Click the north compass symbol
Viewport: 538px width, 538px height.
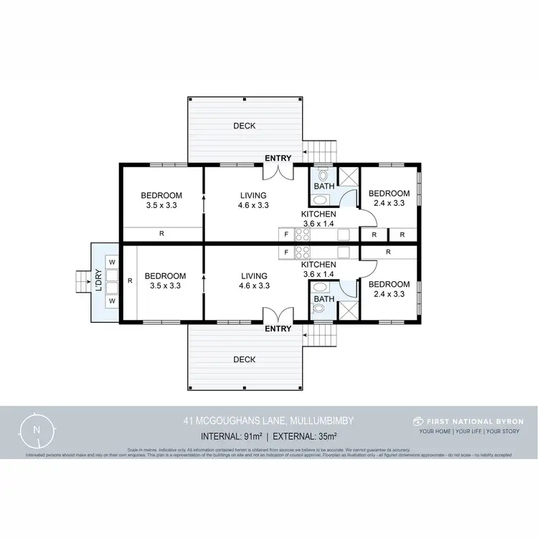pyautogui.click(x=37, y=429)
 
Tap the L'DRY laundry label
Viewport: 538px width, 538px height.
pyautogui.click(x=98, y=282)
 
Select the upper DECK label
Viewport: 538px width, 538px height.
pyautogui.click(x=244, y=126)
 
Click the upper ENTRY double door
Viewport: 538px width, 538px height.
pyautogui.click(x=277, y=170)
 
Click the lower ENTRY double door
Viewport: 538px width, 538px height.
pyautogui.click(x=277, y=316)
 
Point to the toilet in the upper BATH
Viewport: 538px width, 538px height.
pyautogui.click(x=323, y=174)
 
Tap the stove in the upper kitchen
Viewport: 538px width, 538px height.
pyautogui.click(x=302, y=234)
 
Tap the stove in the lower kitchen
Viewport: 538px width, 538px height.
pyautogui.click(x=302, y=253)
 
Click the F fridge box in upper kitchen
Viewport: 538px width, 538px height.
pyautogui.click(x=286, y=234)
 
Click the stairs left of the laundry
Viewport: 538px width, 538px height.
pyautogui.click(x=81, y=282)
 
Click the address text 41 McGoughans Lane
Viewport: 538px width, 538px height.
pyautogui.click(x=268, y=421)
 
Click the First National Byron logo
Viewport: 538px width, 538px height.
pyautogui.click(x=469, y=421)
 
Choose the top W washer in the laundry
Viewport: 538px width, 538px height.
pyautogui.click(x=112, y=263)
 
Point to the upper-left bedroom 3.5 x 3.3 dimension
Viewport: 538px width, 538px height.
pyautogui.click(x=161, y=205)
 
